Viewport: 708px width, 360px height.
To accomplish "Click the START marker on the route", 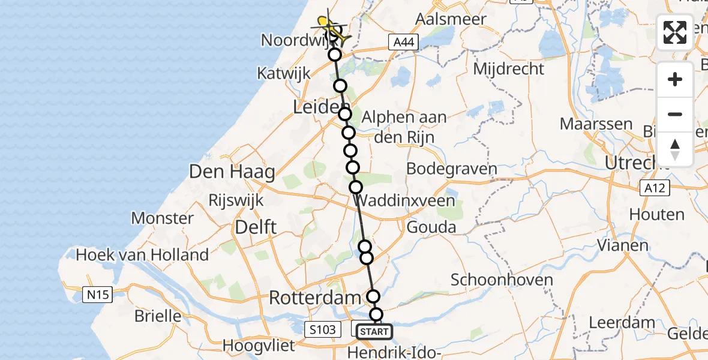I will coord(374,331).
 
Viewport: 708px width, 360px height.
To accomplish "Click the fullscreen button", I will coord(675,32).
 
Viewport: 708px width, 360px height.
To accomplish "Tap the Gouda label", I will coord(431,227).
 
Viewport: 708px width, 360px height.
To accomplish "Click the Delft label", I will coord(256,227).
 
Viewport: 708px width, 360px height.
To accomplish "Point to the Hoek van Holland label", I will coord(142,255).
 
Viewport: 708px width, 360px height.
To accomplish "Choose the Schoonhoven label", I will coord(493,280).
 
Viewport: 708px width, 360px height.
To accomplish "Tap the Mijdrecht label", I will coord(508,68).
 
